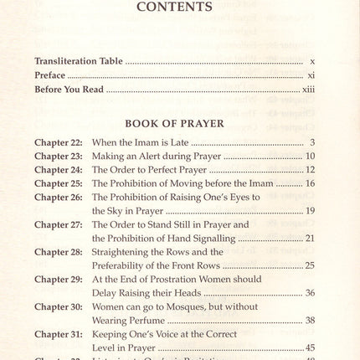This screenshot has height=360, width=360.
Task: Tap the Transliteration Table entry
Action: (79, 61)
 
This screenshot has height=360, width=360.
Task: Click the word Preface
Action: (53, 75)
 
